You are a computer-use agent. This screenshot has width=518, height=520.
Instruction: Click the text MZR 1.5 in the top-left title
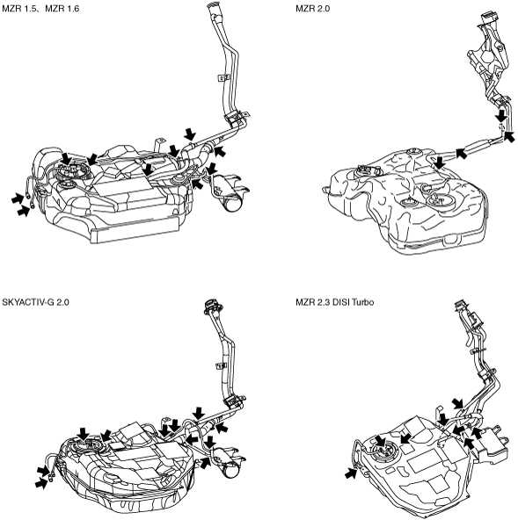[20, 8]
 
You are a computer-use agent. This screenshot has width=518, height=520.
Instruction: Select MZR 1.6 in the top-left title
[62, 8]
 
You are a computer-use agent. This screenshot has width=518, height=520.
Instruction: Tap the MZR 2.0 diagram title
[313, 8]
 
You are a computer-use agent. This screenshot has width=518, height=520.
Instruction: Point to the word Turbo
[363, 302]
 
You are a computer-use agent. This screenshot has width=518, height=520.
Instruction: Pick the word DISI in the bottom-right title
[342, 302]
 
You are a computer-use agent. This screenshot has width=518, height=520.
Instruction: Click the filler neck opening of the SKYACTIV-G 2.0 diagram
[210, 305]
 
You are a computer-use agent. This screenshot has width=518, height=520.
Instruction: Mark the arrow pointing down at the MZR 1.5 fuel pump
[67, 158]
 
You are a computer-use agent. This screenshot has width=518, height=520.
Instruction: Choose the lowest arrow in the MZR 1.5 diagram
[24, 211]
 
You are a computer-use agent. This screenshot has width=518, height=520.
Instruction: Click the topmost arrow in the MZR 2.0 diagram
[501, 117]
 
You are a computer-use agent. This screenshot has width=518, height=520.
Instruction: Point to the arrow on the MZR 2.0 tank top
[440, 163]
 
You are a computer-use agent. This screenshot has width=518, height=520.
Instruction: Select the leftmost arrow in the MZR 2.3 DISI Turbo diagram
[351, 473]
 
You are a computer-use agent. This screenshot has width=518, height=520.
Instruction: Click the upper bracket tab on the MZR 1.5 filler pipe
[223, 77]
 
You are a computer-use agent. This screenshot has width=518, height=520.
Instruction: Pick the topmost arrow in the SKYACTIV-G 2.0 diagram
[199, 414]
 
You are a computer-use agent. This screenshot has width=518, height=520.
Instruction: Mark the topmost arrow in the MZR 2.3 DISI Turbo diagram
[458, 404]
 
